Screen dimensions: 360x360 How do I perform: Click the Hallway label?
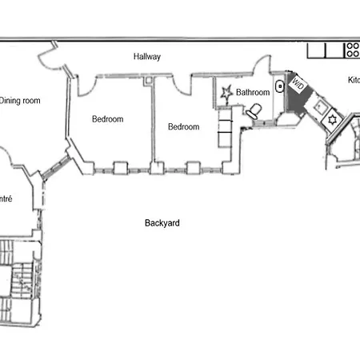[x=147, y=57]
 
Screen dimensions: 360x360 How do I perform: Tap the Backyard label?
[x=162, y=223]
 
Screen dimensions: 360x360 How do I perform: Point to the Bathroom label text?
[x=252, y=93]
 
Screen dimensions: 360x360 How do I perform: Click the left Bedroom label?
[x=107, y=119]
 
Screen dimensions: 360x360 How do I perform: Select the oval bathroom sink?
[x=279, y=87]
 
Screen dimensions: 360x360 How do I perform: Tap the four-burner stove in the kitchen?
[x=352, y=50]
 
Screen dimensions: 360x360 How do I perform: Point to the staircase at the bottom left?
[x=18, y=280]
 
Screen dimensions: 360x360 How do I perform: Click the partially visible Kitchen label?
[x=352, y=81]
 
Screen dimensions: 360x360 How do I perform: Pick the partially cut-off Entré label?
[x=6, y=198]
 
